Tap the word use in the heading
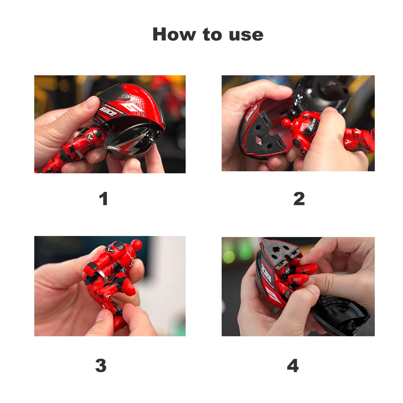click(x=246, y=35)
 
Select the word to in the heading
click(x=212, y=35)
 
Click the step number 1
click(x=104, y=199)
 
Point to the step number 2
click(x=299, y=199)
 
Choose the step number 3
click(x=101, y=365)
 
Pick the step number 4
click(x=293, y=365)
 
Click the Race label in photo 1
click(x=108, y=112)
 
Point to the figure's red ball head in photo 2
click(x=287, y=123)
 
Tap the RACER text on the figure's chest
click(x=312, y=124)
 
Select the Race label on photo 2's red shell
click(x=252, y=113)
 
